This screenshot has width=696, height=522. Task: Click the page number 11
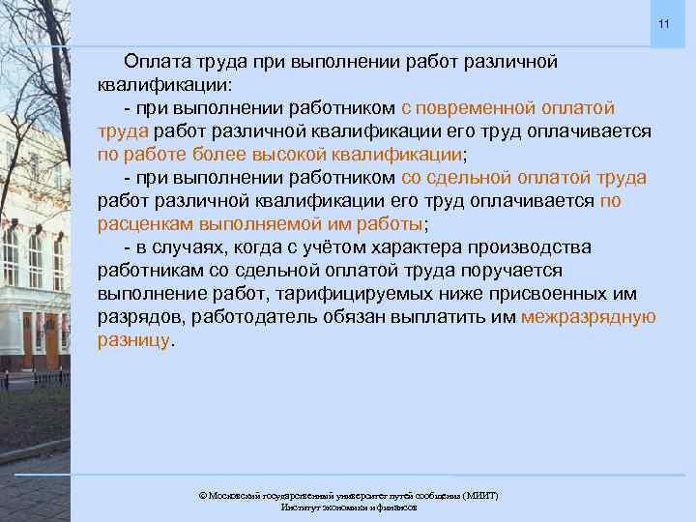tap(663, 23)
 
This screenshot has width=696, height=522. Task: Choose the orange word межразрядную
tap(588, 316)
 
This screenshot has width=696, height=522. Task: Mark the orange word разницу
tap(132, 339)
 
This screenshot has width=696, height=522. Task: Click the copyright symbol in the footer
tap(202, 495)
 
